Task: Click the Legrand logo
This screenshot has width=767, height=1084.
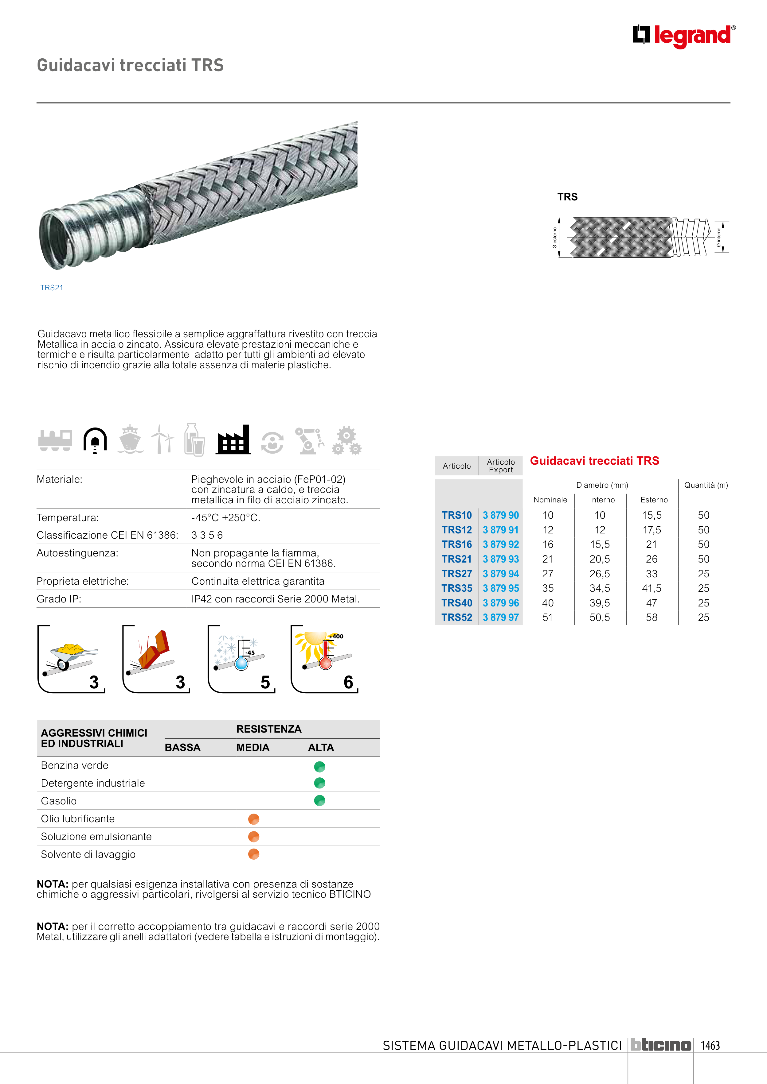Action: tap(684, 36)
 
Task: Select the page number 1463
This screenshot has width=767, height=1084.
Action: tap(710, 1045)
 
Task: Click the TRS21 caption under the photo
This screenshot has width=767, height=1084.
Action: tap(52, 288)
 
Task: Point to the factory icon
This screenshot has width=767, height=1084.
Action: tap(233, 440)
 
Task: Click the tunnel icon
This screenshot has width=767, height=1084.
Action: tap(95, 440)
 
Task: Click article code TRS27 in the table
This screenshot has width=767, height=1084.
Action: tap(456, 574)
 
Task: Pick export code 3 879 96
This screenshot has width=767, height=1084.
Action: tap(500, 603)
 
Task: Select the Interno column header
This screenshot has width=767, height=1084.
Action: tap(602, 500)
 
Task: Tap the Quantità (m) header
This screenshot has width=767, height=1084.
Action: tap(706, 485)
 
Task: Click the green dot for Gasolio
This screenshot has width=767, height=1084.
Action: tap(319, 800)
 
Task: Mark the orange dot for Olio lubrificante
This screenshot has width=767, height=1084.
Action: tap(253, 819)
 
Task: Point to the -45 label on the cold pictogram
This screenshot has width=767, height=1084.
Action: tap(249, 652)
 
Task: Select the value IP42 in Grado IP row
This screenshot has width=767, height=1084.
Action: tap(202, 599)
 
